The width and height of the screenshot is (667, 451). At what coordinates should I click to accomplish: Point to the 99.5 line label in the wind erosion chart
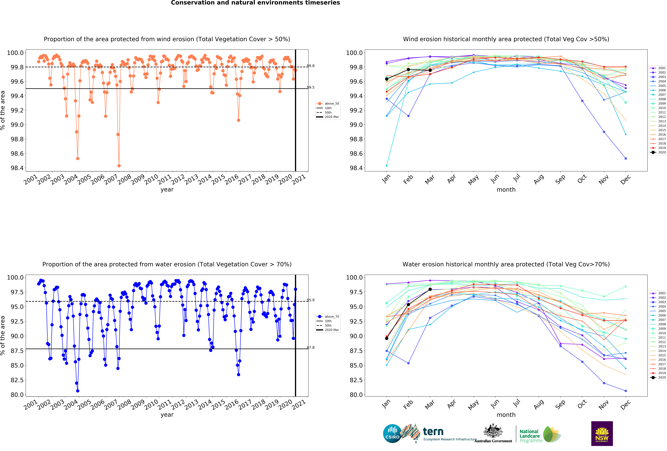311,87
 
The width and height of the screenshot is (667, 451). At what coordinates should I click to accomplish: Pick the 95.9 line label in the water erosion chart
311,300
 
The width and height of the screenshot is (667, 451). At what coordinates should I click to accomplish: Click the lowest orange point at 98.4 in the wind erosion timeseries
119,166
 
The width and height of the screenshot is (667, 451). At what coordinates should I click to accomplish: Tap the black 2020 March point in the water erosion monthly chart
430,289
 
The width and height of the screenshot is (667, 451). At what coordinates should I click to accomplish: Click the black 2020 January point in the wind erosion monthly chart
387,79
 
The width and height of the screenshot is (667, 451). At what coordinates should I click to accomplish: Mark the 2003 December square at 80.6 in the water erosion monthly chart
626,391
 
